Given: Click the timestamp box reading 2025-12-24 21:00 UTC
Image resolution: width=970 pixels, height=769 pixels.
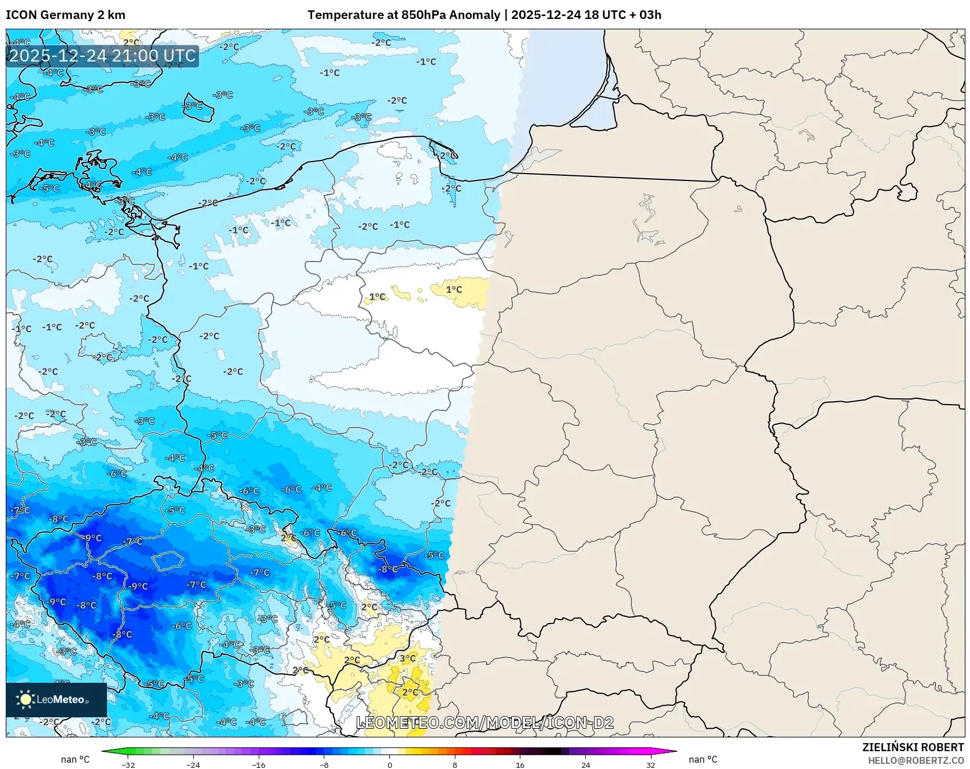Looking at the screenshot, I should (102, 56).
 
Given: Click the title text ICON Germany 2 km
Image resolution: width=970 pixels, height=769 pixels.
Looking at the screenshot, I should (66, 15).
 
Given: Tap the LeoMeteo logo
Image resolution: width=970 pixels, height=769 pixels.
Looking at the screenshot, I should (56, 699).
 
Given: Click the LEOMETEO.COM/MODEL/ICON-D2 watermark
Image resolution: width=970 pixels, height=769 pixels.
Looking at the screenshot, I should (485, 722).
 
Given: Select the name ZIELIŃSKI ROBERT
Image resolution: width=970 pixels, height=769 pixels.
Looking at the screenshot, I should (913, 747).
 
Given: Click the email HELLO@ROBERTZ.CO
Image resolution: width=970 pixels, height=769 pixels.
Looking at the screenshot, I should (915, 760).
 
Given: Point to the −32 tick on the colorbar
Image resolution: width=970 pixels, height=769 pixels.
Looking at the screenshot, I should (128, 764).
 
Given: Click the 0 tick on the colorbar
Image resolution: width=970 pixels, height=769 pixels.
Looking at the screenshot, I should (390, 764).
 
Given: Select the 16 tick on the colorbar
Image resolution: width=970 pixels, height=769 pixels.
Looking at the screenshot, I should (520, 764).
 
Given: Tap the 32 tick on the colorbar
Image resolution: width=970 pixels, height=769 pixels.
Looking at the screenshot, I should (650, 764).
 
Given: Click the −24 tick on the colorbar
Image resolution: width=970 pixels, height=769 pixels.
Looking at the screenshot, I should (193, 764).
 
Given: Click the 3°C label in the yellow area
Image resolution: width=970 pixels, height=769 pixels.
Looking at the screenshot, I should (408, 658).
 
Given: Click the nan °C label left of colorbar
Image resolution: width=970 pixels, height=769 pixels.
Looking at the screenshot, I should (75, 760).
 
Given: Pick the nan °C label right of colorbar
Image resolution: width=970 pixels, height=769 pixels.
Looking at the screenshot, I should (703, 760).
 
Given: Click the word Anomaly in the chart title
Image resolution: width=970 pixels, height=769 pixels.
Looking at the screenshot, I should (474, 15).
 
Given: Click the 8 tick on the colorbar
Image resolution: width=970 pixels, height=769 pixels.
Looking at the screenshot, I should (455, 764).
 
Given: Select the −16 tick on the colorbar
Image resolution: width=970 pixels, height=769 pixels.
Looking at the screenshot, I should (259, 764).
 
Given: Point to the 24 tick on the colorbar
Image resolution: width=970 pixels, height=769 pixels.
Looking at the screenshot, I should (585, 764).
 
